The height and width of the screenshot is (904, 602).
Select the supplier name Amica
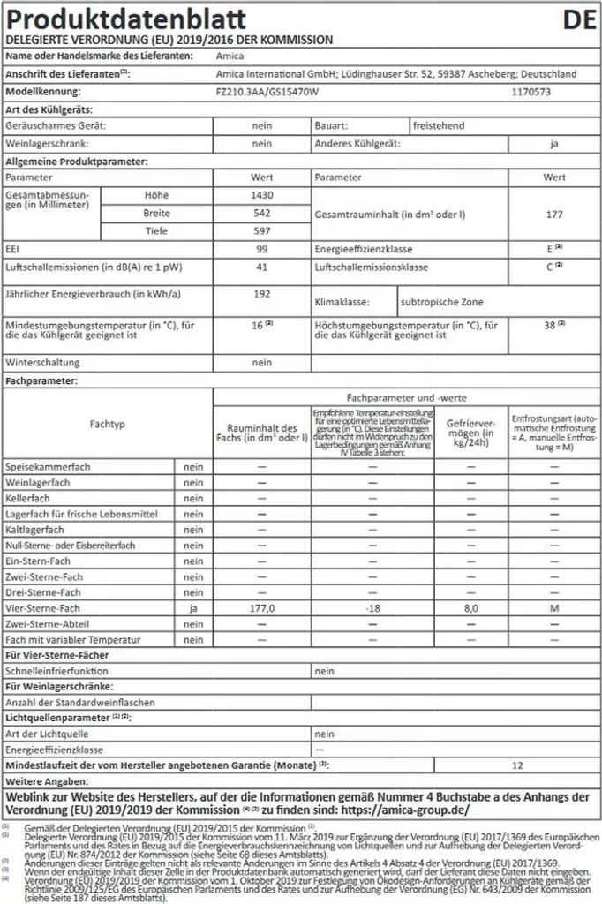coord(230,56)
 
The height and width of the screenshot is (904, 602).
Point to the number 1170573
coord(532,91)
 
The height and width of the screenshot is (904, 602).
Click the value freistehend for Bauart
coord(440,126)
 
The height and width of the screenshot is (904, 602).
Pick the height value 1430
coord(261,194)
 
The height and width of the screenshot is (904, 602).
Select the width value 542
coord(261,213)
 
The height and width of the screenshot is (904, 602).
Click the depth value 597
coord(261,230)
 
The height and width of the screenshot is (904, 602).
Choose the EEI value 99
coord(261,249)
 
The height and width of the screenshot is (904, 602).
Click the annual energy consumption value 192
coord(261,292)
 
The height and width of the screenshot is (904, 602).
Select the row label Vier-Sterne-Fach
coord(43,608)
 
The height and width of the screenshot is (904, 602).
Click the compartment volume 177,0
coord(261,608)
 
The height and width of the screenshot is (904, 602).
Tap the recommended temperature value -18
coord(372,608)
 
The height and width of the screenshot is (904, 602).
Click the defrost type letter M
coord(553,608)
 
